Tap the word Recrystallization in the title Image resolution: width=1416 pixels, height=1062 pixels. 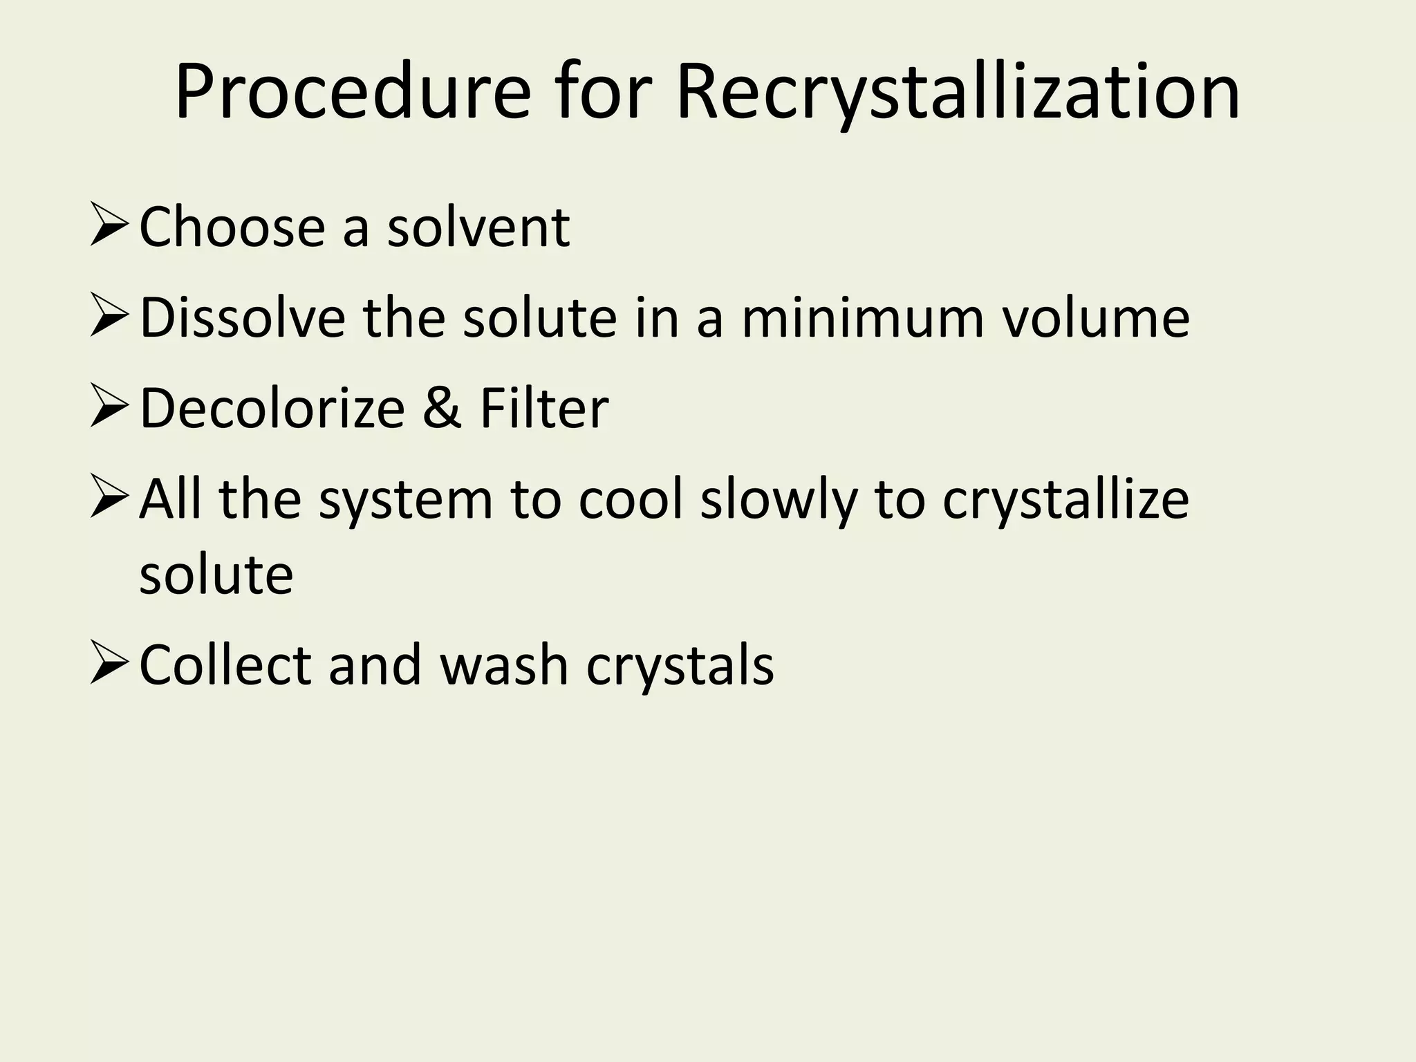click(958, 93)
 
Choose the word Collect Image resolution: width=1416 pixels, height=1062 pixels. click(225, 665)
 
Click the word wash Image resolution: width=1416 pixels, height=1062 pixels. click(504, 665)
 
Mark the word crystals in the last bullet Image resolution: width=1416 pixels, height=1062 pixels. click(680, 665)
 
